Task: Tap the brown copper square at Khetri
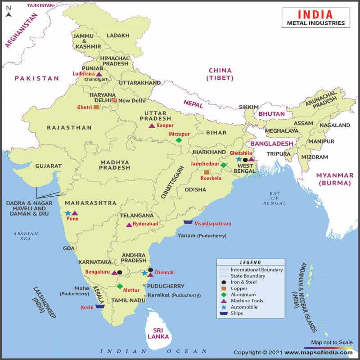[96, 107]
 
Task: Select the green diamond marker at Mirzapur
[179, 140]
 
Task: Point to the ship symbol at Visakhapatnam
[188, 222]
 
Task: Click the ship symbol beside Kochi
[100, 306]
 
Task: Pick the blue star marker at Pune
[68, 213]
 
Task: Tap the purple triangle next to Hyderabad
[129, 225]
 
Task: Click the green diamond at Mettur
[120, 286]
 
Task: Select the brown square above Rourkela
[207, 172]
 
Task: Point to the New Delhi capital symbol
[114, 100]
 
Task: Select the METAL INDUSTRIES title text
[316, 23]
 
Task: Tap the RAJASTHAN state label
[69, 127]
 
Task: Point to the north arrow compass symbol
[8, 11]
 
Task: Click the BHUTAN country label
[272, 114]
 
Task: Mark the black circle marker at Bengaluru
[120, 272]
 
